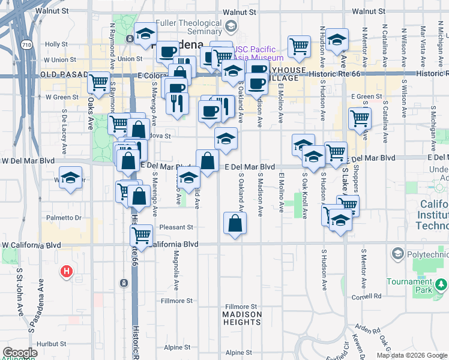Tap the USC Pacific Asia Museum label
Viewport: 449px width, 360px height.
[259, 53]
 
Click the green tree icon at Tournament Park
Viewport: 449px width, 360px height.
[441, 283]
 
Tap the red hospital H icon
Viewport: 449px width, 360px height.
[67, 272]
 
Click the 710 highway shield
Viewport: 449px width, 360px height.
[26, 45]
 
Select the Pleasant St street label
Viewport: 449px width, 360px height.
[177, 227]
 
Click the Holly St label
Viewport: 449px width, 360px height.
[56, 44]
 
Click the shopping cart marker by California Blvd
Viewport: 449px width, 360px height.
[141, 234]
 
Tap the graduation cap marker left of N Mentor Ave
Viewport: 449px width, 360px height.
[337, 40]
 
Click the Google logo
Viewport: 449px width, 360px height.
[20, 353]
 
